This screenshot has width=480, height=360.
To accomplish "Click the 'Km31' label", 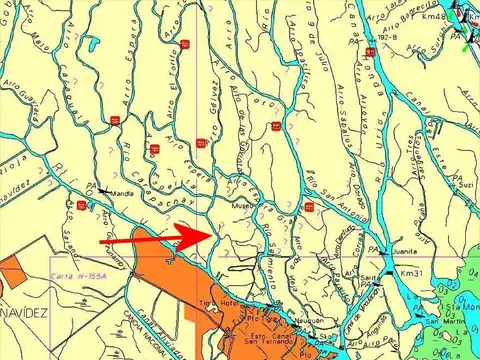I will pyautogui.click(x=412, y=273).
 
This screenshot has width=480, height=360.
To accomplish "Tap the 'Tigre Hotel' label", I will pyautogui.click(x=219, y=303).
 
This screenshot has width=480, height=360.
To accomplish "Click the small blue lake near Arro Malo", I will pyautogui.click(x=92, y=44).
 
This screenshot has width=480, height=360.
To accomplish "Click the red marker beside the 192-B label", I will pyautogui.click(x=371, y=49).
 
